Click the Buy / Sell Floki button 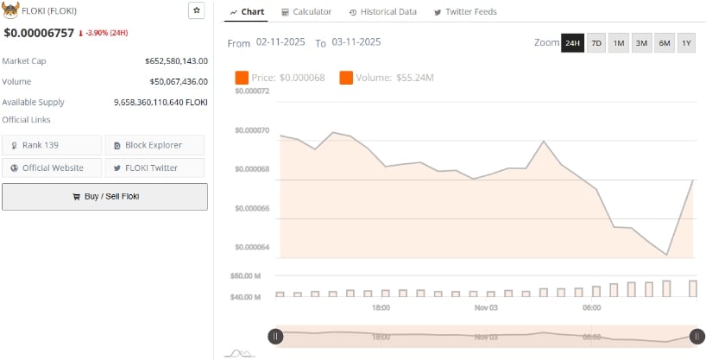click(x=104, y=196)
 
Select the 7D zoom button click(x=596, y=43)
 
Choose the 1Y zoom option click(x=686, y=43)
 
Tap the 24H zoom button click(x=572, y=43)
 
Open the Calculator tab click(x=306, y=12)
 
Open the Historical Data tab click(x=382, y=12)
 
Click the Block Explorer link click(x=154, y=145)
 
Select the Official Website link click(x=52, y=167)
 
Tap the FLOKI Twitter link click(x=154, y=167)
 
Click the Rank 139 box click(x=52, y=145)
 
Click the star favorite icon click(x=197, y=10)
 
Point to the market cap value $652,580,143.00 click(x=176, y=61)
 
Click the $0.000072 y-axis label click(x=251, y=91)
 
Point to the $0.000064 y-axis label click(x=251, y=248)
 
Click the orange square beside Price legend click(x=242, y=79)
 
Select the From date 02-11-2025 click(x=280, y=42)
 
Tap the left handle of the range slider click(x=275, y=337)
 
